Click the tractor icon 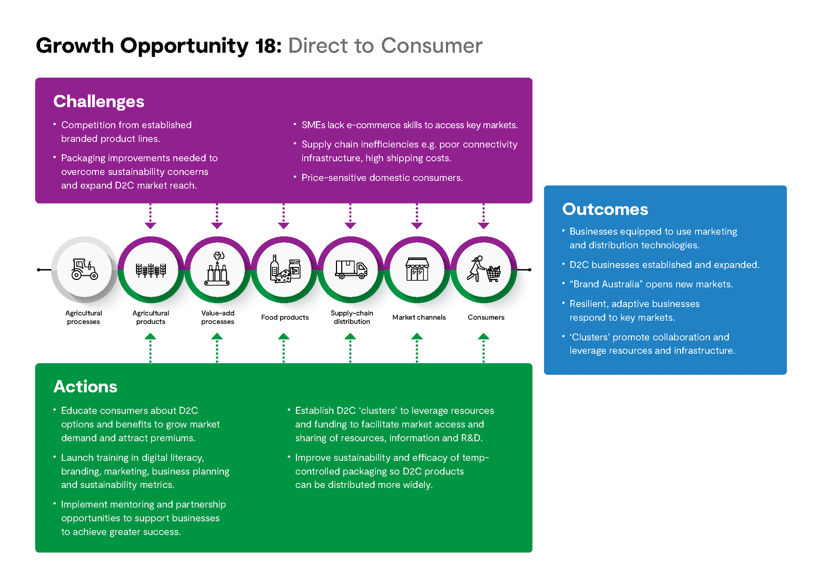(x=84, y=269)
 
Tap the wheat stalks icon (x=151, y=270)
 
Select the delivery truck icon (x=351, y=270)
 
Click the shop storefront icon (x=417, y=269)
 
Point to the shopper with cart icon (x=483, y=269)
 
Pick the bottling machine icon (x=217, y=269)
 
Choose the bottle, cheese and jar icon (x=285, y=269)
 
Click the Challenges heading (x=99, y=102)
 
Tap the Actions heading (x=85, y=386)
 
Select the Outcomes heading (x=605, y=209)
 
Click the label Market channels (x=419, y=317)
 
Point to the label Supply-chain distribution (x=352, y=317)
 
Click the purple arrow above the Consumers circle (x=483, y=216)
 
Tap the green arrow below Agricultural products (x=151, y=348)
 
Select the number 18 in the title (x=268, y=46)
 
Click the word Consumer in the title (x=432, y=46)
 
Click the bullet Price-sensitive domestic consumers (x=382, y=178)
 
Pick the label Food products (x=285, y=317)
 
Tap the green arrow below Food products (x=284, y=348)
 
